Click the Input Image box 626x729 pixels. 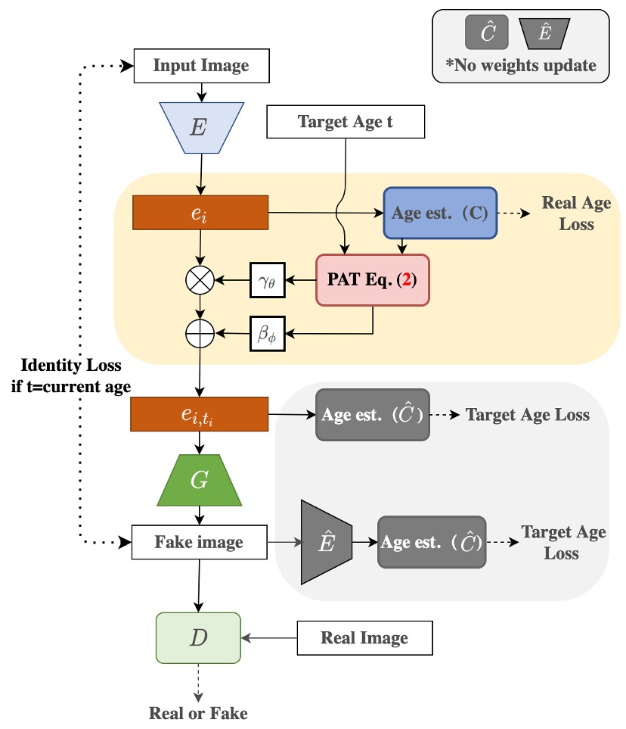(x=200, y=66)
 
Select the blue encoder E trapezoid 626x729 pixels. (x=199, y=126)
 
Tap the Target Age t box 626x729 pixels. (x=346, y=123)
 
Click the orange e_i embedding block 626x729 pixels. (x=200, y=213)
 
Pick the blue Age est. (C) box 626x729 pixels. (x=439, y=213)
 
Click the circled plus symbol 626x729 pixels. (x=200, y=332)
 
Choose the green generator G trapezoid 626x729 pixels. (x=199, y=481)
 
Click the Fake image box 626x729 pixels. (x=200, y=542)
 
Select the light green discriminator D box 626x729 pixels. (x=198, y=637)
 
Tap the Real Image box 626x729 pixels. (x=364, y=637)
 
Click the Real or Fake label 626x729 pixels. (x=198, y=712)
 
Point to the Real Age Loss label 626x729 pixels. (x=571, y=213)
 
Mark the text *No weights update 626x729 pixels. (x=520, y=66)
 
